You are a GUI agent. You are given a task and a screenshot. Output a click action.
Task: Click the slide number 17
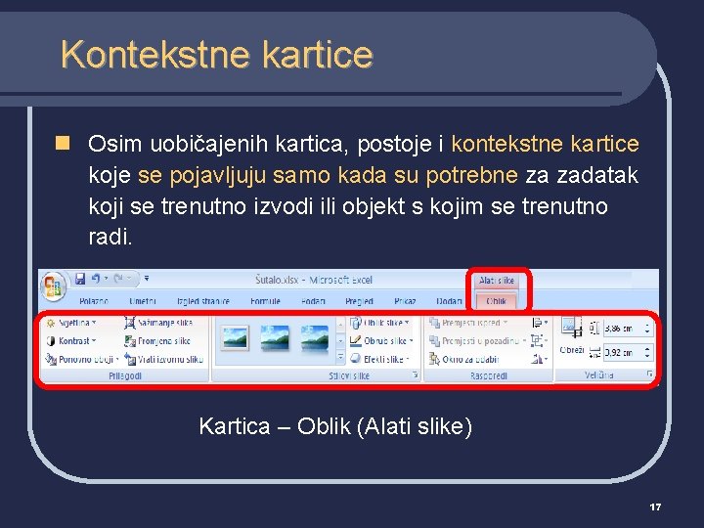click(655, 506)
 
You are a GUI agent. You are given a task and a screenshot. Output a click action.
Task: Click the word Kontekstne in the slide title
click(140, 55)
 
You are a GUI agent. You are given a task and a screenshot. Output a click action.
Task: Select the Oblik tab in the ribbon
click(497, 302)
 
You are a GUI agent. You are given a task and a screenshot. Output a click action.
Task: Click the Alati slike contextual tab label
click(498, 282)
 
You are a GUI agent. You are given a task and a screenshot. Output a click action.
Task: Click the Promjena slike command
click(161, 341)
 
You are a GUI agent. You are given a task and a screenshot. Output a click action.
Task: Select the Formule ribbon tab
click(265, 302)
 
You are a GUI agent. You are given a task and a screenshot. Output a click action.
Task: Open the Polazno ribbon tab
click(94, 302)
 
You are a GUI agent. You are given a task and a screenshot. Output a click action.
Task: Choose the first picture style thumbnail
click(235, 338)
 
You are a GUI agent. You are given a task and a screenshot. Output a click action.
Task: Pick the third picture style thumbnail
click(313, 338)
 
